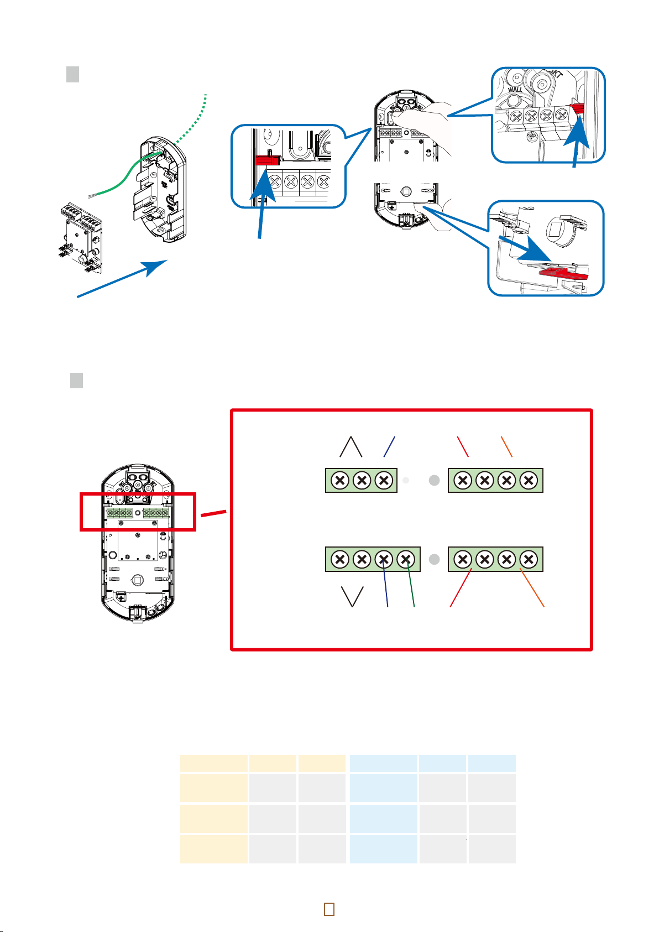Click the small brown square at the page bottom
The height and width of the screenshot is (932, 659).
point(329,909)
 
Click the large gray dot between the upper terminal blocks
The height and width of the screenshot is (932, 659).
point(435,481)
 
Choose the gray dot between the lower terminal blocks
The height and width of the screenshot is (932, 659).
point(435,559)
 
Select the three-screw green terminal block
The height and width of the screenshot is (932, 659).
point(362,481)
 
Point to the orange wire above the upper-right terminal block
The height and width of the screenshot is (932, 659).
point(506,447)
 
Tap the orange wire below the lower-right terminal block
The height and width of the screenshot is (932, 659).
point(532,589)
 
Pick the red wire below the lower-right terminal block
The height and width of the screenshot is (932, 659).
point(460,589)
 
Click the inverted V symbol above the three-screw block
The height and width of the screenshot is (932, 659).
point(351,447)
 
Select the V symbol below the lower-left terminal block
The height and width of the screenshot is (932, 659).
point(353,596)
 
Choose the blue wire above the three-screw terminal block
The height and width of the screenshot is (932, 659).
point(390,447)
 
